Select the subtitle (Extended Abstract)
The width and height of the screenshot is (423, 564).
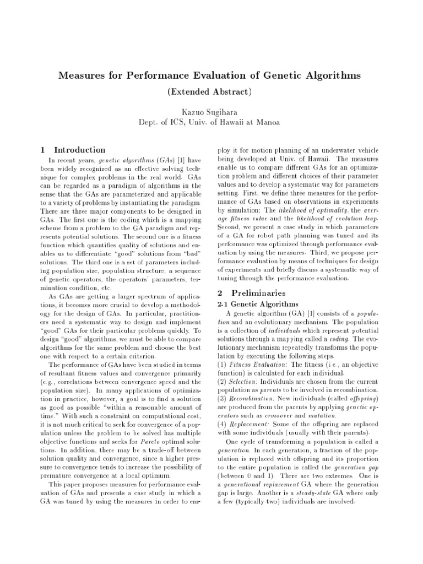[211, 91]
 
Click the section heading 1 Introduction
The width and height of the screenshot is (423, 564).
[73, 150]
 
